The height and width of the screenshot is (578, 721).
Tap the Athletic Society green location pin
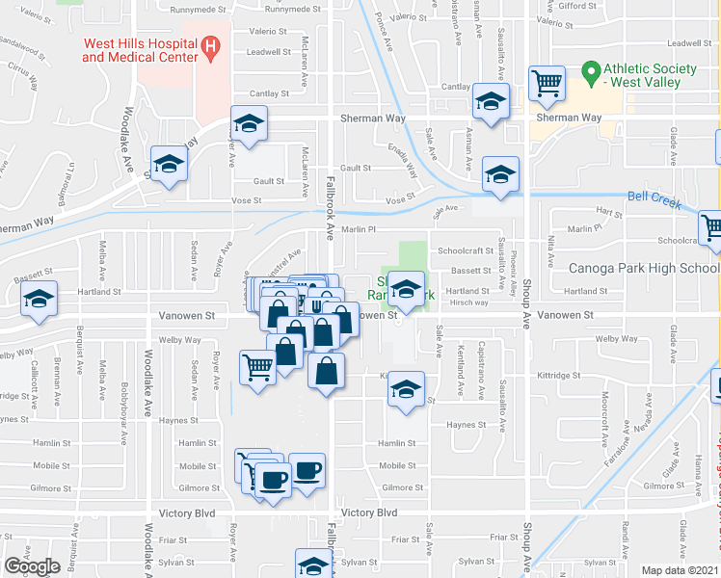pos(590,71)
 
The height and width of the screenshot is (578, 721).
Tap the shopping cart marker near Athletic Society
pos(547,83)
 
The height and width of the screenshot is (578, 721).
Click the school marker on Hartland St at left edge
pos(39,299)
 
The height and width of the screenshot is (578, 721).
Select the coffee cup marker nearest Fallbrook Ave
pos(307,471)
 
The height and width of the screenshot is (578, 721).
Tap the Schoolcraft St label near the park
pos(466,250)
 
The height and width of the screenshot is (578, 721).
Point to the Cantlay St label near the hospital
pos(270,93)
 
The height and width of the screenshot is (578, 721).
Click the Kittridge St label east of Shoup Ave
pos(558,376)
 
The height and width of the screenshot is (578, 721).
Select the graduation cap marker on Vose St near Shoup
pos(500,174)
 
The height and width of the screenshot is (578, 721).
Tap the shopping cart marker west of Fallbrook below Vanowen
pos(257,366)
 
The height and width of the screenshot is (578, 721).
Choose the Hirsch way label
pos(469,302)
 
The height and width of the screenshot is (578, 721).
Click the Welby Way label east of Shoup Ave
pos(618,339)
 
